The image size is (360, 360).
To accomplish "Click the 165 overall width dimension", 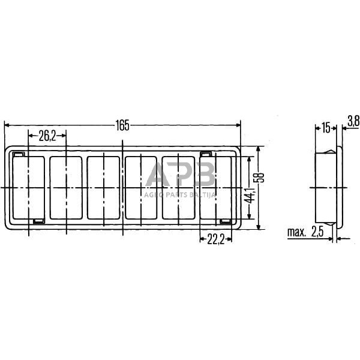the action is coord(122,125).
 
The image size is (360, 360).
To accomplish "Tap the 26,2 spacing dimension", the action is coord(47,136).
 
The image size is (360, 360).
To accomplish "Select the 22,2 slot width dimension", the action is coord(215,240).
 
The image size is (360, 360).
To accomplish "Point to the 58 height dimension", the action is coord(260,177).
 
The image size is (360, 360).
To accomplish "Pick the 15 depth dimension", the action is coord(326,128).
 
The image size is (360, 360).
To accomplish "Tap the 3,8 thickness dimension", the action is coord(353,122).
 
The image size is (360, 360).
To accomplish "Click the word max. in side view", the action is coord(296,232).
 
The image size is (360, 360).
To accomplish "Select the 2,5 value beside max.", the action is coord(317,232).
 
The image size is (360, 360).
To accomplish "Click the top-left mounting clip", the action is coord(18,154).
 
